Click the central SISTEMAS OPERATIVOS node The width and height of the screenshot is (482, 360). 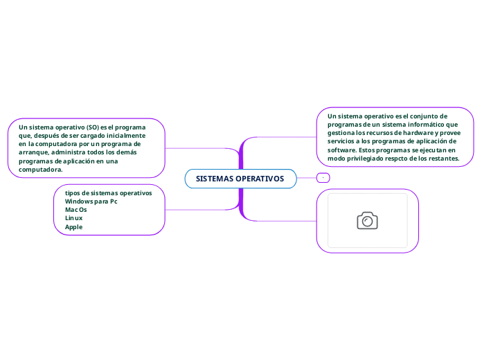click(240, 179)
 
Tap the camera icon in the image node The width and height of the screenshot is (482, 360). click(367, 220)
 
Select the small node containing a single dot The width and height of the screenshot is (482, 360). click(323, 178)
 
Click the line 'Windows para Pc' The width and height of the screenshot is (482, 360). click(91, 201)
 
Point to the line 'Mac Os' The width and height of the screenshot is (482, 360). click(75, 209)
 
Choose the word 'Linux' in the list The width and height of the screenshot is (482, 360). click(73, 217)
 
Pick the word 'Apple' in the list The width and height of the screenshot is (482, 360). click(73, 226)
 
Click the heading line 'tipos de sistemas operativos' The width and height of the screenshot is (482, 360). click(108, 192)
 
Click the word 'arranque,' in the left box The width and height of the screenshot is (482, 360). click(35, 152)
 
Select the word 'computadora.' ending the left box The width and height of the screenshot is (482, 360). click(41, 169)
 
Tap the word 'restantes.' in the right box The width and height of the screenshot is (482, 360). click(443, 158)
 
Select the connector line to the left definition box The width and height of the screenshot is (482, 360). click(201, 148)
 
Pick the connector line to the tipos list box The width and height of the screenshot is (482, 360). click(201, 209)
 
